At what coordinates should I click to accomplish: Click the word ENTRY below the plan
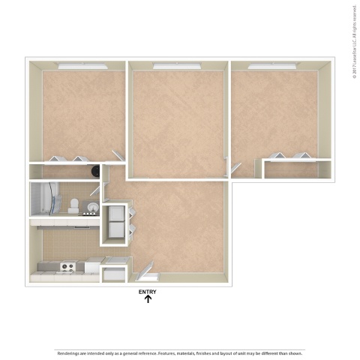pyautogui.click(x=148, y=292)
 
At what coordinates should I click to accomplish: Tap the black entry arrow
pyautogui.click(x=148, y=300)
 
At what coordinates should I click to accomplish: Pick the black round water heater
pyautogui.click(x=95, y=171)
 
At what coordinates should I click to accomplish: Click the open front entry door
pyautogui.click(x=145, y=269)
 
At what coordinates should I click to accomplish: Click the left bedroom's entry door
pyautogui.click(x=118, y=157)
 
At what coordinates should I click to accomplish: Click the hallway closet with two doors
pyautogui.click(x=116, y=223)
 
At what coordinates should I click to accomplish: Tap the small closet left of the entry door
pyautogui.click(x=115, y=271)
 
